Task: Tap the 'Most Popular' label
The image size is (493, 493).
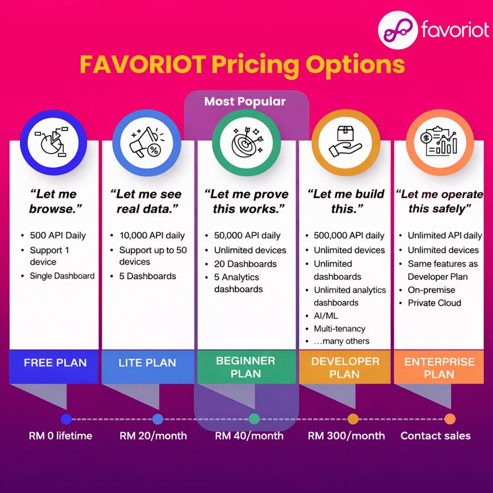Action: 245,102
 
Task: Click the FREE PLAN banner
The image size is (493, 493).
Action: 55,363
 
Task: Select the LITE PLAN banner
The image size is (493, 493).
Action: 147,363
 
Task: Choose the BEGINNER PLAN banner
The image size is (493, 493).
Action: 245,367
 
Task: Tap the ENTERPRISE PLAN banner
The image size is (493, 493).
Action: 439,367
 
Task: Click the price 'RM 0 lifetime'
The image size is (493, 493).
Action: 60,436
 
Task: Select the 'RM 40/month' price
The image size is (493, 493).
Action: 249,436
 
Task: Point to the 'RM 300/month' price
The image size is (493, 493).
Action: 346,436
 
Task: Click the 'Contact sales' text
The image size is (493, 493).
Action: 435,436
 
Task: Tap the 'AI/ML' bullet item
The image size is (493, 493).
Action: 326,316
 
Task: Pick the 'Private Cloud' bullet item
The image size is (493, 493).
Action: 434,303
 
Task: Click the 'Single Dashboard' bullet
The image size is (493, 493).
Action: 62,275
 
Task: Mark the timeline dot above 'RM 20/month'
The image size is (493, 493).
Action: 157,419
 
